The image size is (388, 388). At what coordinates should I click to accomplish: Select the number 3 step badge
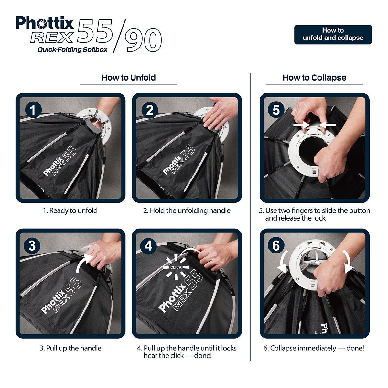pyautogui.click(x=32, y=245)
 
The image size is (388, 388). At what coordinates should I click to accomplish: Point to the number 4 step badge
pyautogui.click(x=148, y=245)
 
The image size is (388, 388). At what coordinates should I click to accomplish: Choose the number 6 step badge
pyautogui.click(x=276, y=245)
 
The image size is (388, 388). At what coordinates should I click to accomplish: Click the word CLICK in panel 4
pyautogui.click(x=176, y=267)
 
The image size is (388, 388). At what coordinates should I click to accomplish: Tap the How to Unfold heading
pyautogui.click(x=128, y=78)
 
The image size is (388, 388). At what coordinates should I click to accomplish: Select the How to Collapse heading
pyautogui.click(x=314, y=78)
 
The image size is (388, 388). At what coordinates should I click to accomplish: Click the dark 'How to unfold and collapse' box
pyautogui.click(x=333, y=34)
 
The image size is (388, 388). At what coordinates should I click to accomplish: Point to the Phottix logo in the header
pyautogui.click(x=45, y=23)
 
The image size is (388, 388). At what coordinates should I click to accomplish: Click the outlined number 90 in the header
pyautogui.click(x=143, y=40)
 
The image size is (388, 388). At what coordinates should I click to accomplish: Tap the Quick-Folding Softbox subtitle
pyautogui.click(x=72, y=49)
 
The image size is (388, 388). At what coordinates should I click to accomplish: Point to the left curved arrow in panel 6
pyautogui.click(x=283, y=261)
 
